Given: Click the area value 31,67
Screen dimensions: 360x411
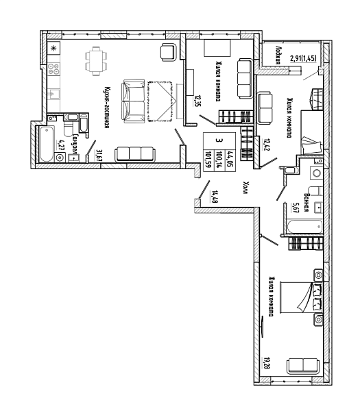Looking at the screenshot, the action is coord(99,155).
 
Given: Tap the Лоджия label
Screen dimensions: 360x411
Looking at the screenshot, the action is coord(278,55).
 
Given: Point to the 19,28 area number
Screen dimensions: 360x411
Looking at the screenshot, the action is coord(266,363).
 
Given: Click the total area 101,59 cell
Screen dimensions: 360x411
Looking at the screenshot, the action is coord(209,160).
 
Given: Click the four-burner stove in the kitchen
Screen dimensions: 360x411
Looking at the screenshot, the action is coord(53,68).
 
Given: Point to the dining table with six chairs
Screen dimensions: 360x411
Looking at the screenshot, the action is coord(96,61).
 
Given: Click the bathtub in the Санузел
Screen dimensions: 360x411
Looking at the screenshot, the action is coord(47,144).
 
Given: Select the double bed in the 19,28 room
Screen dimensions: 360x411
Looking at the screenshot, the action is coord(301,297).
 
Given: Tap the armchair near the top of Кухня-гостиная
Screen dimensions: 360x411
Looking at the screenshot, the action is coord(168,52).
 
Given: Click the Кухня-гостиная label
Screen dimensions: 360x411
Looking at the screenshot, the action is coord(106,108).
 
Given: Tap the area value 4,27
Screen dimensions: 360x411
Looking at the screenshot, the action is coord(59,145).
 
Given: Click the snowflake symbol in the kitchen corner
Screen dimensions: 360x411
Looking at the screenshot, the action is coord(53,49).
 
